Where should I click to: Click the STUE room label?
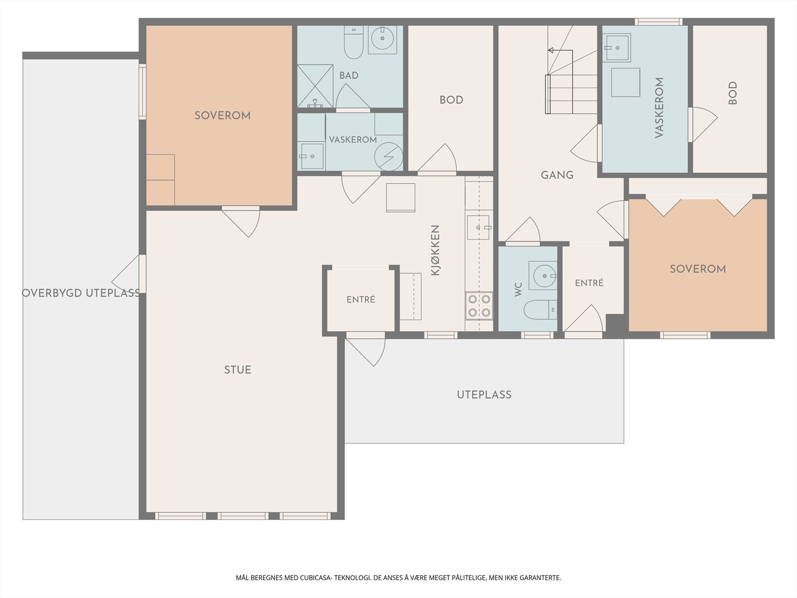click(x=238, y=370)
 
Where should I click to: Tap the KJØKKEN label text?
click(x=435, y=250)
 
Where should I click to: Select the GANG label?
click(x=557, y=175)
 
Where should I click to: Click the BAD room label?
click(x=349, y=76)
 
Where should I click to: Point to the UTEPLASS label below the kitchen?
click(x=484, y=395)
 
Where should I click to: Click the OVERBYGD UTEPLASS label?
click(x=81, y=293)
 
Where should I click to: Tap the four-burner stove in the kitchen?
click(x=479, y=305)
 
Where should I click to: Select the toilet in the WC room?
click(x=540, y=309)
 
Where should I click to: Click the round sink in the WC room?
click(x=543, y=276)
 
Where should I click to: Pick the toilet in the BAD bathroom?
click(x=354, y=42)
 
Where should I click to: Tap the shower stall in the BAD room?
click(x=315, y=86)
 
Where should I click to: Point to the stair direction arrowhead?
click(x=550, y=50)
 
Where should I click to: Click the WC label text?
click(x=518, y=290)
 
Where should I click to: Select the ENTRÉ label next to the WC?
click(x=589, y=283)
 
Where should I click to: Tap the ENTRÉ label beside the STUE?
click(x=361, y=299)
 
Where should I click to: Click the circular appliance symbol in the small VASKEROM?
click(x=389, y=156)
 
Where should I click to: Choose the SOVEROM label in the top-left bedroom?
click(x=223, y=116)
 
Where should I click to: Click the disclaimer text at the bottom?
click(x=398, y=578)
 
